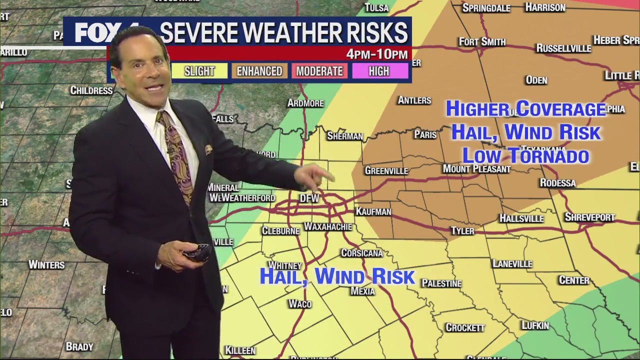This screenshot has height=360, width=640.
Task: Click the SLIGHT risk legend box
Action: (x=199, y=71)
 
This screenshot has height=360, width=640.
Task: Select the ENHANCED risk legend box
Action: (x=259, y=71)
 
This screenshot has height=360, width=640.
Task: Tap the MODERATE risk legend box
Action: (x=319, y=71)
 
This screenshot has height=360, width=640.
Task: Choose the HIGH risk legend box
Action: (x=379, y=71)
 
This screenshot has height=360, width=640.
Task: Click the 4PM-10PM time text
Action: (x=377, y=54)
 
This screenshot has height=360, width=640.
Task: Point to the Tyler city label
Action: (x=462, y=230)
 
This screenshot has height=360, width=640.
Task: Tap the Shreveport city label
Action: (x=589, y=217)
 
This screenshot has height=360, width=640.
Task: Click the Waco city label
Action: (x=300, y=303)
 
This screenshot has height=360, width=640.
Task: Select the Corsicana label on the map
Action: (x=361, y=253)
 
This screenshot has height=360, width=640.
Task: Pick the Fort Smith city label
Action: (x=482, y=42)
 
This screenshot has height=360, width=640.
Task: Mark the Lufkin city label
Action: (x=535, y=325)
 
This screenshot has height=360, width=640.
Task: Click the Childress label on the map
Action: (x=91, y=90)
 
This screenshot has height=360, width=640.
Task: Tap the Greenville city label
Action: (x=386, y=170)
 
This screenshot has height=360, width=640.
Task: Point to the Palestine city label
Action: (x=441, y=283)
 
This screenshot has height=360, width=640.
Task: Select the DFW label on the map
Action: (x=309, y=198)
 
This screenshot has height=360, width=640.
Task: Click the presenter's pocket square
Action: (x=208, y=149)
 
